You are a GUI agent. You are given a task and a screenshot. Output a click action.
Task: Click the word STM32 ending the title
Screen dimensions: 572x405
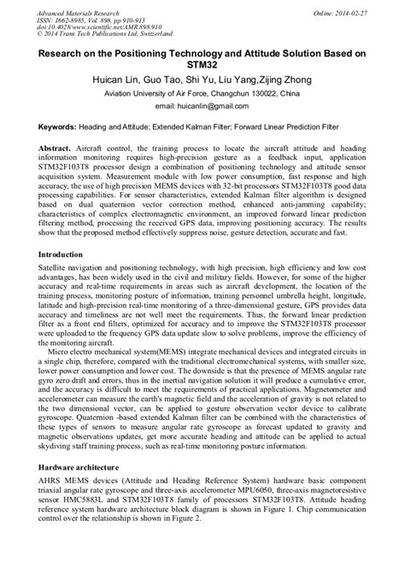point(202,63)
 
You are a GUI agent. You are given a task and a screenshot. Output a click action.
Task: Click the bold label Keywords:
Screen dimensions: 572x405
point(62,126)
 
